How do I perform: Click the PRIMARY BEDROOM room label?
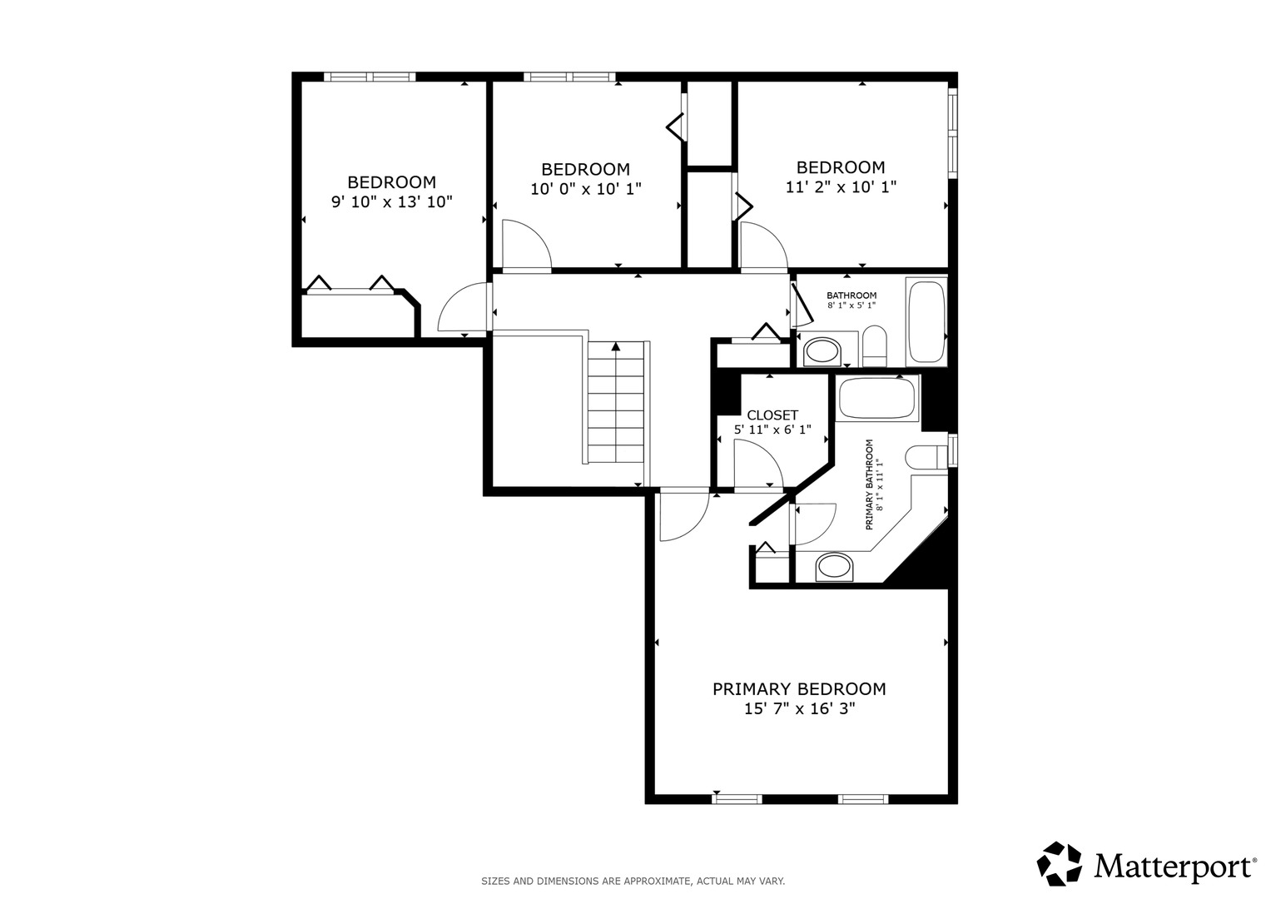[799, 689]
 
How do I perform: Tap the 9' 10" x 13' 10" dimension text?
[391, 201]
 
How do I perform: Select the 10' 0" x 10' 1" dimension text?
[586, 188]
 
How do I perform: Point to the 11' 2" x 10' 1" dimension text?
[841, 186]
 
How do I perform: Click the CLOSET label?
[772, 415]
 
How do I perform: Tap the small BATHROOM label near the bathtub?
[851, 296]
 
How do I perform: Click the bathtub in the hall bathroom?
[926, 322]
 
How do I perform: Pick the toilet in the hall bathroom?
[874, 346]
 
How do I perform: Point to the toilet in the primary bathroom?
[926, 458]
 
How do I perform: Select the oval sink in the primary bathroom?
[834, 568]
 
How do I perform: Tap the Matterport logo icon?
[1060, 864]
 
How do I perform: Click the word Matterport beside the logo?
[1172, 867]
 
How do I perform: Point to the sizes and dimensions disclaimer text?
[633, 882]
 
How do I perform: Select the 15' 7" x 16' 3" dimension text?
[800, 709]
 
